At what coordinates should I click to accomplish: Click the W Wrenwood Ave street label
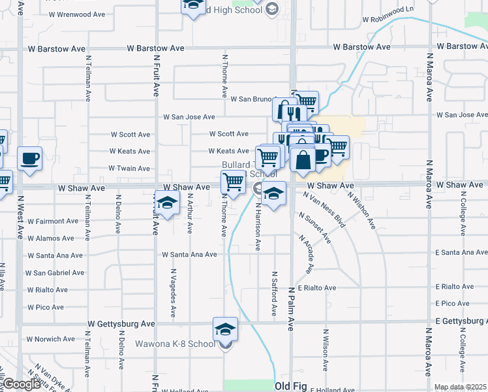77,14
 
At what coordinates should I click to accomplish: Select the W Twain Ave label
129,169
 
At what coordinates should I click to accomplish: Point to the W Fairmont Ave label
53,221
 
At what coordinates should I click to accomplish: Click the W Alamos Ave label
50,238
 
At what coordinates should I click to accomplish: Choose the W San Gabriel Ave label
55,272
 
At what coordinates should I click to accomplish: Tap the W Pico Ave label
46,307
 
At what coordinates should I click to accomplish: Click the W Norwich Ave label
51,339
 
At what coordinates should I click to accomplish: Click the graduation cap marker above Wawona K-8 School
225,329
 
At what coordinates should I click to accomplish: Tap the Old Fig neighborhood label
291,386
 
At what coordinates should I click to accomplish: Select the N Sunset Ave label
315,227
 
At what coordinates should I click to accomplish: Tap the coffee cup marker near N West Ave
30,158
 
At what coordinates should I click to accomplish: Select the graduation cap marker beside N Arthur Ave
168,204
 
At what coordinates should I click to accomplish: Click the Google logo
22,385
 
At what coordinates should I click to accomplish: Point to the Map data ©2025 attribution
459,387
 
